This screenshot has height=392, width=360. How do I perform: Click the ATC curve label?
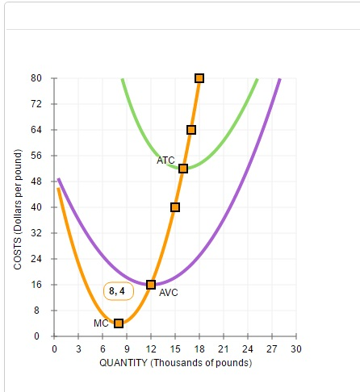point(165,161)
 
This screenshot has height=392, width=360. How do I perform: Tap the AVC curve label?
point(169,293)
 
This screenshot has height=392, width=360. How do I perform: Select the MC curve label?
point(101,323)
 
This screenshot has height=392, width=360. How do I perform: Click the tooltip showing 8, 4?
point(117,290)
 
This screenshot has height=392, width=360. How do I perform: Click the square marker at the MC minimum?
point(119,323)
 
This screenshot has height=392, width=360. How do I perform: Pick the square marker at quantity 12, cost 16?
point(151,285)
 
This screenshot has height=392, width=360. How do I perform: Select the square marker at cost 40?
point(175,207)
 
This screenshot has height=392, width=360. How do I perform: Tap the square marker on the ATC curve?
point(183,169)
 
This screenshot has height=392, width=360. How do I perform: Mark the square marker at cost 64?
point(191,130)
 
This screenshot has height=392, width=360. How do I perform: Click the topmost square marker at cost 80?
point(199,78)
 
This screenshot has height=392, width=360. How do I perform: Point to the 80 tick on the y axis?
point(37,78)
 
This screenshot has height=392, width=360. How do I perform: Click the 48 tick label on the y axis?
point(37,181)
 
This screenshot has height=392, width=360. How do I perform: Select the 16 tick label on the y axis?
point(37,285)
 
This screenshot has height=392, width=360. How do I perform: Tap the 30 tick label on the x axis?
point(296,348)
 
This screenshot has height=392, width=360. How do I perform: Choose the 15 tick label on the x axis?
point(175,348)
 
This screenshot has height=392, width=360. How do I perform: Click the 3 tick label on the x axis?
point(78,348)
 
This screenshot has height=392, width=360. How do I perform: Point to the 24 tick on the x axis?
point(248,348)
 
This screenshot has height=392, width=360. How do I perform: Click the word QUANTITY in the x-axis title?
point(123,363)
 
